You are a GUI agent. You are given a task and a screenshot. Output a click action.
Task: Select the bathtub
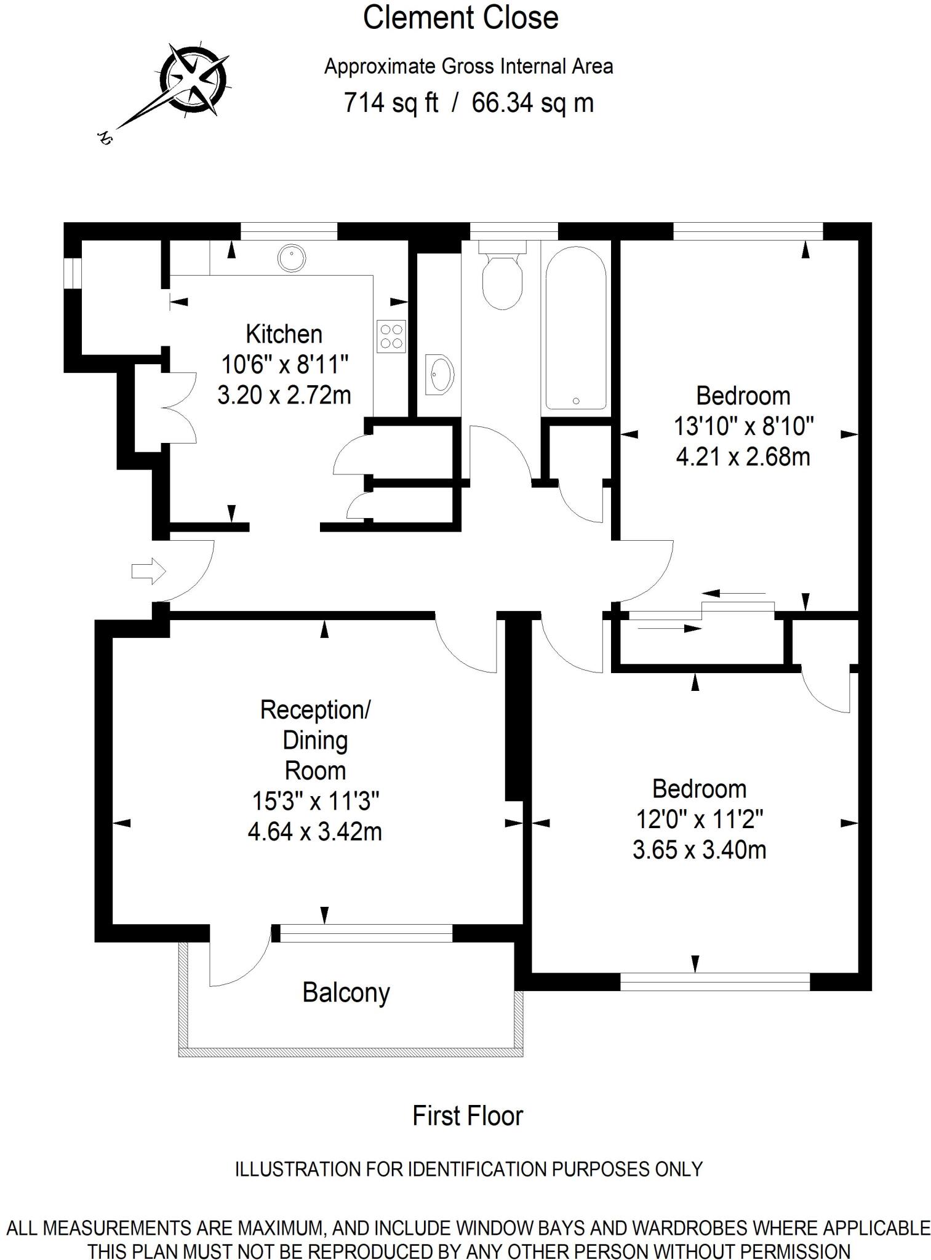(x=575, y=329)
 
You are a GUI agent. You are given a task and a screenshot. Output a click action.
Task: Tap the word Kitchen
(x=284, y=334)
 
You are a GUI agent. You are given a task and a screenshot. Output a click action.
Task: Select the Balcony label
(x=346, y=992)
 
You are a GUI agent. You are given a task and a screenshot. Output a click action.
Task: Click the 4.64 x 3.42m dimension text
(x=314, y=832)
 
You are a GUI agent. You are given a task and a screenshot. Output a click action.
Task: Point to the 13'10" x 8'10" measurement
(x=743, y=426)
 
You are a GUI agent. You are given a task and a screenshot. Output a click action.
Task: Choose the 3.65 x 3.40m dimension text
(x=699, y=850)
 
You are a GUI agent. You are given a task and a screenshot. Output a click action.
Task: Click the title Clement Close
(x=460, y=17)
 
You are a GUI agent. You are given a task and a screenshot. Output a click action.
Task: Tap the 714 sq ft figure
(x=391, y=102)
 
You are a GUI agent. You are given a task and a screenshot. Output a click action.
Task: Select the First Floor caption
(x=467, y=1116)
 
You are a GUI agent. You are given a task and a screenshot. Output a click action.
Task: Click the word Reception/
(x=315, y=709)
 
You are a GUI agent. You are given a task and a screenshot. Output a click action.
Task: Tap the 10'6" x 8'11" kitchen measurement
(x=285, y=364)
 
